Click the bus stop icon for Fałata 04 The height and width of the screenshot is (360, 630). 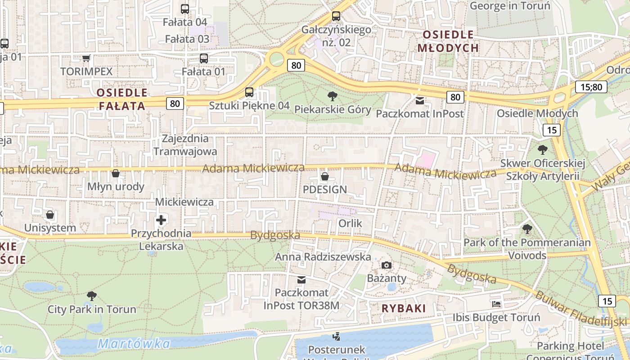tap(185, 9)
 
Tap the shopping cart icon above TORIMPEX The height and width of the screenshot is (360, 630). tap(86, 58)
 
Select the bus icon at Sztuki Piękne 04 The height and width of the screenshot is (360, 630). tap(249, 92)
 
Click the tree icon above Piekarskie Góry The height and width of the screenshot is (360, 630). tap(333, 96)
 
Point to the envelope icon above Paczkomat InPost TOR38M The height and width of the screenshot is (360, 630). tap(301, 280)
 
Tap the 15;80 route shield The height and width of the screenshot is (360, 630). tap(591, 87)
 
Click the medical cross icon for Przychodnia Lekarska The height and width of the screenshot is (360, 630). tap(161, 220)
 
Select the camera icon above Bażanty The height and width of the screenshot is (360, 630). tap(387, 265)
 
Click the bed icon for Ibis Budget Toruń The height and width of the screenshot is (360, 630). tap(496, 304)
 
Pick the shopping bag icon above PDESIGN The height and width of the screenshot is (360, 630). tap(324, 176)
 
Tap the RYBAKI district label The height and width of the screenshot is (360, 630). tap(404, 308)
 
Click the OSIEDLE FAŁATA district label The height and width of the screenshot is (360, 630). tap(122, 99)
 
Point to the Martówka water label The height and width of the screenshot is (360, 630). tap(134, 344)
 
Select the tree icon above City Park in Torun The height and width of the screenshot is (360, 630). tap(92, 296)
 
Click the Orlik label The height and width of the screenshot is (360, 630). tap(350, 223)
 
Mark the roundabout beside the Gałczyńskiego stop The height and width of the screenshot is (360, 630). tap(276, 58)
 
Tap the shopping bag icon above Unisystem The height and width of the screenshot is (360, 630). tap(50, 215)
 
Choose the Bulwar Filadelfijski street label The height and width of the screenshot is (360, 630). tap(580, 309)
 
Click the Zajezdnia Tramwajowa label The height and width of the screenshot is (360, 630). tap(185, 145)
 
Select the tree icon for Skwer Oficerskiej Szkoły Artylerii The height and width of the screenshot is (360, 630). tap(543, 149)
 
